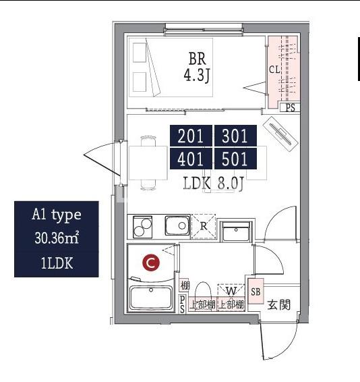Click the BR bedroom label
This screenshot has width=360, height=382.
point(197,59)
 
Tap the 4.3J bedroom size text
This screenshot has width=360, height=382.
point(197,75)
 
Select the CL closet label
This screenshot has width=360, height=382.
point(274,70)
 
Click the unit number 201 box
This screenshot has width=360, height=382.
point(191,136)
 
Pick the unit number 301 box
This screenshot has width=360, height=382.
point(235,136)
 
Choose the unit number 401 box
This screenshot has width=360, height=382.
point(191,159)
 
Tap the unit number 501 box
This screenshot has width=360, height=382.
point(235,159)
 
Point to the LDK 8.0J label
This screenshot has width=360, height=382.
point(213,183)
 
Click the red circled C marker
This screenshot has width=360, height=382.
point(151,263)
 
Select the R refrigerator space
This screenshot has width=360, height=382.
point(204,226)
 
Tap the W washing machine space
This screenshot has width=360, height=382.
point(231,291)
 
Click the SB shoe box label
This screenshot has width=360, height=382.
point(256,292)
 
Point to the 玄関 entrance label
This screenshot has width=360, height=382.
point(279,305)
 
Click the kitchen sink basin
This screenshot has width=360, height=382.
point(177,225)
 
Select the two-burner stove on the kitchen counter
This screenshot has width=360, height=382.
point(143,227)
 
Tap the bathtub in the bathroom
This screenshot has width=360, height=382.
point(151,298)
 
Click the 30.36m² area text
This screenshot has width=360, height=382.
point(57,238)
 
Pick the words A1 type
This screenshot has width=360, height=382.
point(57,215)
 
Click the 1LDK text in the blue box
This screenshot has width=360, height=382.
point(57,263)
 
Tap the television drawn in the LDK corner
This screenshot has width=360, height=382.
point(280,134)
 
